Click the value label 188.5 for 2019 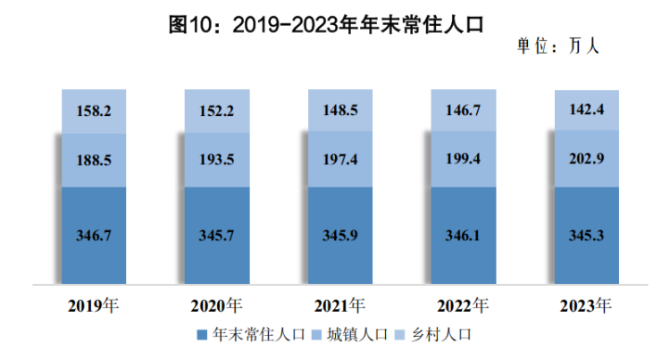(x=94, y=162)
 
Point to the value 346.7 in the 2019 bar (x=94, y=237)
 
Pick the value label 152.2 (x=217, y=112)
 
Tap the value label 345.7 (x=217, y=237)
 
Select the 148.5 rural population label (x=339, y=111)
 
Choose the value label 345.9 (x=339, y=237)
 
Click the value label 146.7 (x=463, y=110)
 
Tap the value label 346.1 (x=463, y=237)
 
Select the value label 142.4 (x=585, y=110)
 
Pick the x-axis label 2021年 (x=339, y=306)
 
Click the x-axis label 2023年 (x=585, y=306)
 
